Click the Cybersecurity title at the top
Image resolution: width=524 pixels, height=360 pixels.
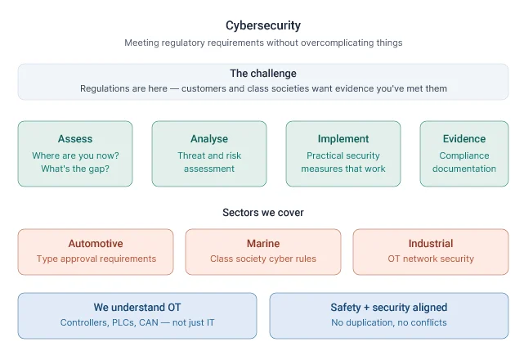click(x=263, y=25)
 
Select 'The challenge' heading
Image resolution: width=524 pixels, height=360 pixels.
click(x=263, y=74)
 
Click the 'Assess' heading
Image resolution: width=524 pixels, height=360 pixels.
click(x=75, y=139)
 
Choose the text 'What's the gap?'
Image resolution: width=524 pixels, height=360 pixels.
click(x=75, y=169)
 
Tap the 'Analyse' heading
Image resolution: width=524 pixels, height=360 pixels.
click(x=209, y=139)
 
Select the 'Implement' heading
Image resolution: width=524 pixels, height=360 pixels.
click(x=343, y=139)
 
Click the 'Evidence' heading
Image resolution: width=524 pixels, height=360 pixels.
click(x=464, y=139)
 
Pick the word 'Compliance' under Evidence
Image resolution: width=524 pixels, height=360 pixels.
click(x=464, y=155)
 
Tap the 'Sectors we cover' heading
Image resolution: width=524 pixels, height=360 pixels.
click(x=263, y=213)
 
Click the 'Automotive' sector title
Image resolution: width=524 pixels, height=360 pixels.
click(x=96, y=243)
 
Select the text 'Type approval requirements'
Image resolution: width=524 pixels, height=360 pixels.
click(x=96, y=259)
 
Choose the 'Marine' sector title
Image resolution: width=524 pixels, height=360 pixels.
click(x=263, y=243)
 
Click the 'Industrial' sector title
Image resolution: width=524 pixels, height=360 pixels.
click(x=431, y=243)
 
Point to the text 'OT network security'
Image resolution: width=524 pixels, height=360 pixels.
click(x=431, y=259)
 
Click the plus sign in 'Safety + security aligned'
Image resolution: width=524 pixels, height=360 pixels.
click(x=366, y=308)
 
